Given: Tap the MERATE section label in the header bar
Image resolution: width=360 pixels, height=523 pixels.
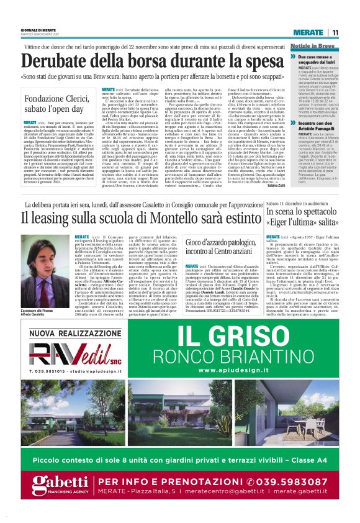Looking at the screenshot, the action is (x=308, y=32).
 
